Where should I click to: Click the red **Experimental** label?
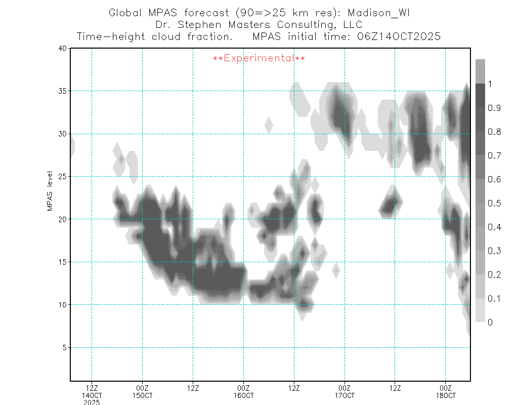tap(258, 59)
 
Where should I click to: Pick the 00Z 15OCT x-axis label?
tap(142, 391)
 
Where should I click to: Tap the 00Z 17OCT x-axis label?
tap(344, 391)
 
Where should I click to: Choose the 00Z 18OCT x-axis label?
tap(445, 391)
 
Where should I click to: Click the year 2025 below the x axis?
tap(92, 402)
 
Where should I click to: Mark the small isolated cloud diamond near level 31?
tap(269, 124)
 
